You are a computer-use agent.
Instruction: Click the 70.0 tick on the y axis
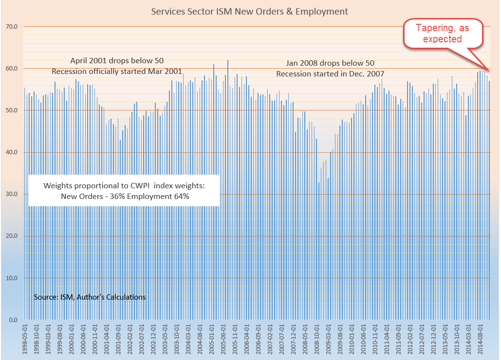[11, 27]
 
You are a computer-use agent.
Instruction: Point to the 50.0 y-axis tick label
[11, 110]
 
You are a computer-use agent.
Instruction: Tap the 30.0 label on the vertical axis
[11, 194]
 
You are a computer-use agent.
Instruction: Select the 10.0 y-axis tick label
[11, 278]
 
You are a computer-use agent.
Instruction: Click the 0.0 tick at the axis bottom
[13, 320]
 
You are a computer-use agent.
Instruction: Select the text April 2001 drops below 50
[117, 61]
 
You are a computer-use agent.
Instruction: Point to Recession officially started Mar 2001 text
[117, 72]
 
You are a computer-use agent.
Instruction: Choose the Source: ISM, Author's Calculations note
[90, 297]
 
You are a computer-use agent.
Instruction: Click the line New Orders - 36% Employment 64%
[125, 197]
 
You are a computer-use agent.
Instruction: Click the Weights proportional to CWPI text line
[125, 185]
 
